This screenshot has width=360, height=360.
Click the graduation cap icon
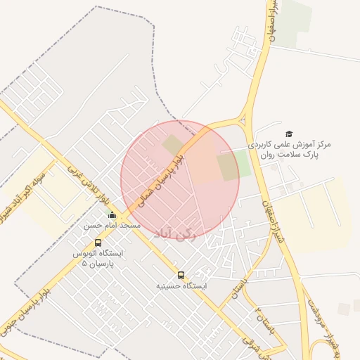pyautogui.click(x=290, y=134)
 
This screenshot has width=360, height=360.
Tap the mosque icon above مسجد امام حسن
pyautogui.click(x=112, y=215)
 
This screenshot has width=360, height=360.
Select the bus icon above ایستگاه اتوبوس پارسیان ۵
pyautogui.click(x=98, y=243)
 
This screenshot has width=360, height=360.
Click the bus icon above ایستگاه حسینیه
pyautogui.click(x=181, y=275)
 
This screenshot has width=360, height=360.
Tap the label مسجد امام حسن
pyautogui.click(x=112, y=226)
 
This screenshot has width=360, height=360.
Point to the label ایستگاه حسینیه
pyautogui.click(x=181, y=286)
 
